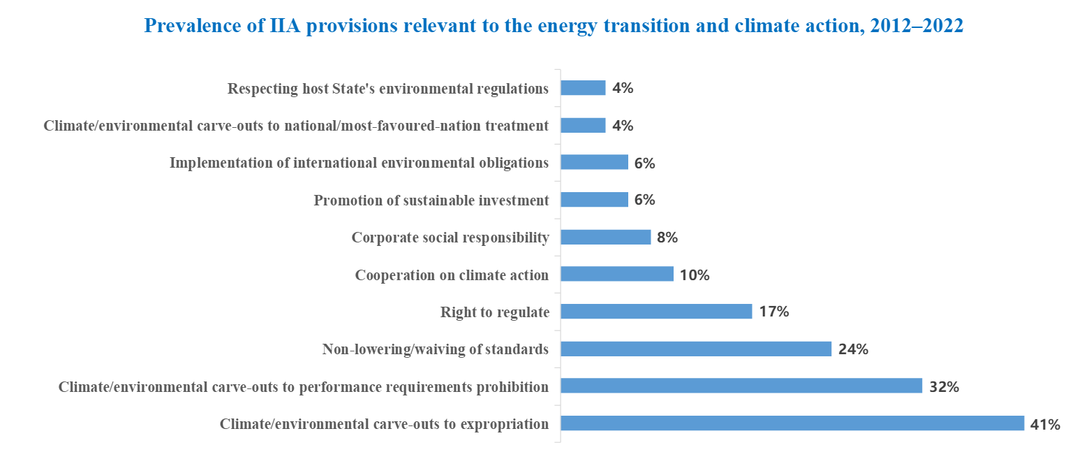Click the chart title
pyautogui.click(x=554, y=27)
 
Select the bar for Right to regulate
pyautogui.click(x=656, y=312)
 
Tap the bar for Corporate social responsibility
pyautogui.click(x=605, y=238)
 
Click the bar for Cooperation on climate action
pyautogui.click(x=617, y=275)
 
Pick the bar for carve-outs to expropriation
pyautogui.click(x=792, y=423)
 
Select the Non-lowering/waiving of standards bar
pyautogui.click(x=696, y=349)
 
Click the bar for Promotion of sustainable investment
pyautogui.click(x=594, y=200)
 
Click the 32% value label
pyautogui.click(x=944, y=386)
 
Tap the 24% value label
pyautogui.click(x=853, y=349)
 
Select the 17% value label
pyautogui.click(x=773, y=312)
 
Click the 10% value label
pyautogui.click(x=695, y=275)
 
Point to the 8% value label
pyautogui.click(x=667, y=238)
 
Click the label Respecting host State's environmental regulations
pyautogui.click(x=388, y=89)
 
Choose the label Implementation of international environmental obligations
pyautogui.click(x=359, y=163)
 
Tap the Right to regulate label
pyautogui.click(x=494, y=312)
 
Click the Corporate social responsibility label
pyautogui.click(x=450, y=238)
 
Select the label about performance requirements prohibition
pyautogui.click(x=304, y=386)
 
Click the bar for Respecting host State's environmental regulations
pyautogui.click(x=583, y=88)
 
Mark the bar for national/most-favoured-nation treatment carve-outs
pyautogui.click(x=583, y=125)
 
